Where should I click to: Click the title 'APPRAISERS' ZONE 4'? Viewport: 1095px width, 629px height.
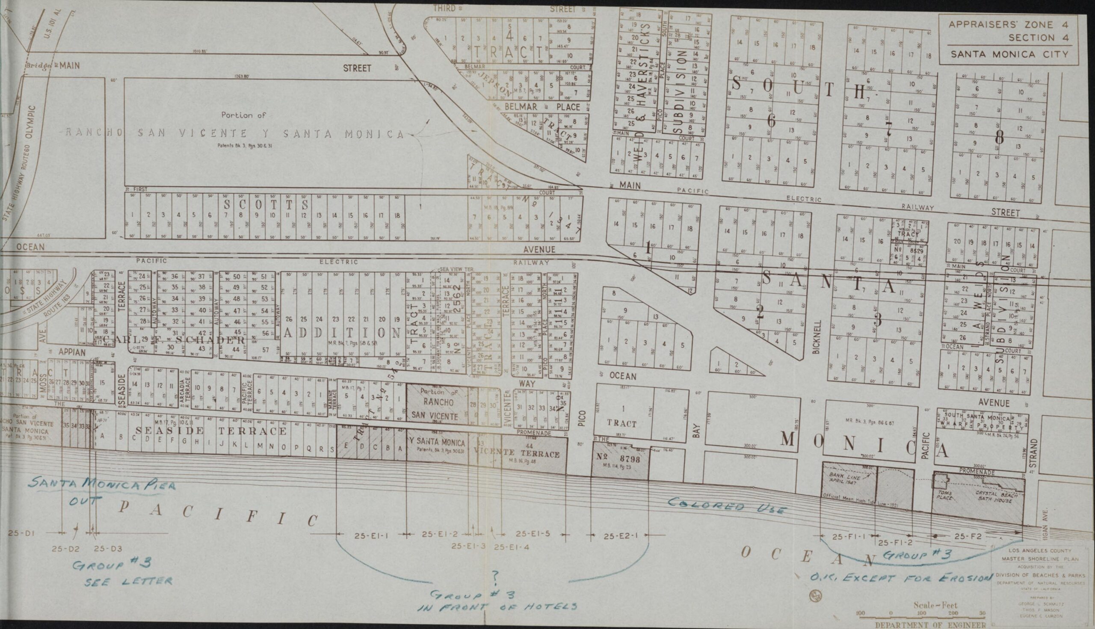pyautogui.click(x=1008, y=25)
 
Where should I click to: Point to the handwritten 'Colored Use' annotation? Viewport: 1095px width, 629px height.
pyautogui.click(x=726, y=506)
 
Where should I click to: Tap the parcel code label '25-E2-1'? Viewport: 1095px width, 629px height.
pyautogui.click(x=621, y=537)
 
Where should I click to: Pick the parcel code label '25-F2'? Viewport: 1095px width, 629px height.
pyautogui.click(x=968, y=537)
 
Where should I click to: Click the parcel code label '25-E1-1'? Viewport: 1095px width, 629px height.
pyautogui.click(x=371, y=536)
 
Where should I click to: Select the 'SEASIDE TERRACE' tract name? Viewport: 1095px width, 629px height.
pyautogui.click(x=211, y=431)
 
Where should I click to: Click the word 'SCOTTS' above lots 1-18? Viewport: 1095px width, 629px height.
pyautogui.click(x=266, y=203)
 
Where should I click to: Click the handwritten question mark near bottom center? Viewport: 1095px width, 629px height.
pyautogui.click(x=495, y=576)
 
